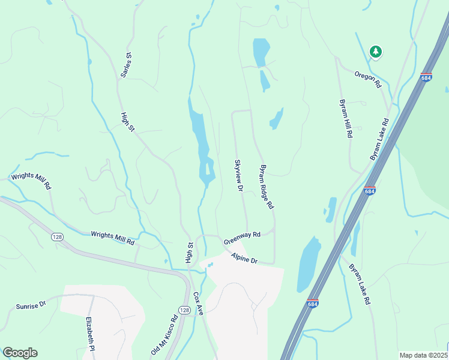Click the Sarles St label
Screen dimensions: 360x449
coord(126,65)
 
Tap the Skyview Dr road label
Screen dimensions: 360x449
coord(238,175)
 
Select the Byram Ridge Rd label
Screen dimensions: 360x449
coord(266,187)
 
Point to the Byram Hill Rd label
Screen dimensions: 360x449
coord(345,118)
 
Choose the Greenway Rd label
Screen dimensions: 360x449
coord(242,238)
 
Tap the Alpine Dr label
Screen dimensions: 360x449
coord(244,259)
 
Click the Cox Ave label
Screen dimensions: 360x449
coord(199,304)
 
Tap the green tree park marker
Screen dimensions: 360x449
coord(376,52)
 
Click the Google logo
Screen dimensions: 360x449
coord(20,353)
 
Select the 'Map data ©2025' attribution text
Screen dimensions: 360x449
coord(424,355)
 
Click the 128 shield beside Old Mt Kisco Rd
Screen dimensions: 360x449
coord(184,310)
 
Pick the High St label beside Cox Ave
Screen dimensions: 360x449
coord(189,252)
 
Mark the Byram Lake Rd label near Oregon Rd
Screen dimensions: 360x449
coord(379,139)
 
